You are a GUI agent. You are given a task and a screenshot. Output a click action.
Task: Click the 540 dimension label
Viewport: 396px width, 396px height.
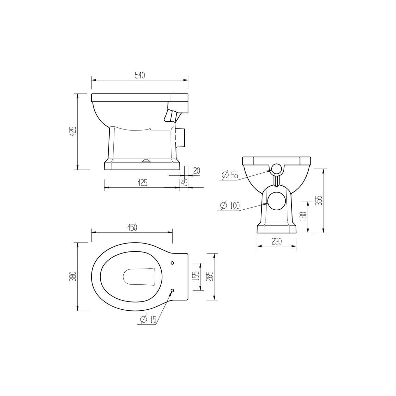pos(140,75)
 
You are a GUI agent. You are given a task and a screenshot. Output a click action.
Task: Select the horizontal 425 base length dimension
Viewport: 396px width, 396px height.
pos(143,183)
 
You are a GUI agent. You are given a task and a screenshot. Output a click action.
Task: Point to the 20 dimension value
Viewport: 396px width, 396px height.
pos(197,171)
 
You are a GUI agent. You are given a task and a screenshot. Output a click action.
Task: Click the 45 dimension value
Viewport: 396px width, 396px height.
pos(184,183)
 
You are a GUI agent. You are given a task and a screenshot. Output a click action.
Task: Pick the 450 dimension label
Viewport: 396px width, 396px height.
pos(132,227)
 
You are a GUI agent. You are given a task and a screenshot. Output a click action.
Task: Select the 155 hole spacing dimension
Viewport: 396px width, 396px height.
pos(197,276)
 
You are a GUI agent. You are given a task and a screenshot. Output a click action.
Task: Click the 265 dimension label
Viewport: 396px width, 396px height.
pos(211,276)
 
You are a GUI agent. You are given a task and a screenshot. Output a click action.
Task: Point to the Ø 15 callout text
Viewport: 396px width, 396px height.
pos(148,320)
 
